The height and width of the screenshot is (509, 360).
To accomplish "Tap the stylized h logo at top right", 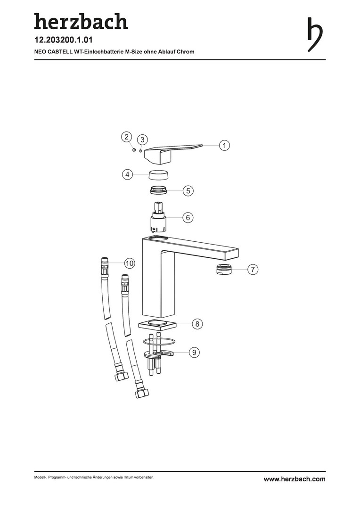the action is pyautogui.click(x=315, y=34).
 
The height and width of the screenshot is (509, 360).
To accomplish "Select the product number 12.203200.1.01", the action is pyautogui.click(x=64, y=40).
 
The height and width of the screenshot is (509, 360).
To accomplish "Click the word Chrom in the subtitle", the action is pyautogui.click(x=186, y=52).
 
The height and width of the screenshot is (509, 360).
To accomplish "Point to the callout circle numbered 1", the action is pyautogui.click(x=224, y=145).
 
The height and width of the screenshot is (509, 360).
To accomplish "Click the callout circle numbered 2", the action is pyautogui.click(x=127, y=137).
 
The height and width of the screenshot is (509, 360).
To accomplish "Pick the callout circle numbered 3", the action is pyautogui.click(x=142, y=140).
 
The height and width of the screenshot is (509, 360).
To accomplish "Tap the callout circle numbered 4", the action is pyautogui.click(x=127, y=174).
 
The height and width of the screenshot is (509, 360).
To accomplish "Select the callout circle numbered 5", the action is pyautogui.click(x=188, y=190).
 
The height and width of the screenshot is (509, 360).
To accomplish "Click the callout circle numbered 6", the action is pyautogui.click(x=188, y=217).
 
